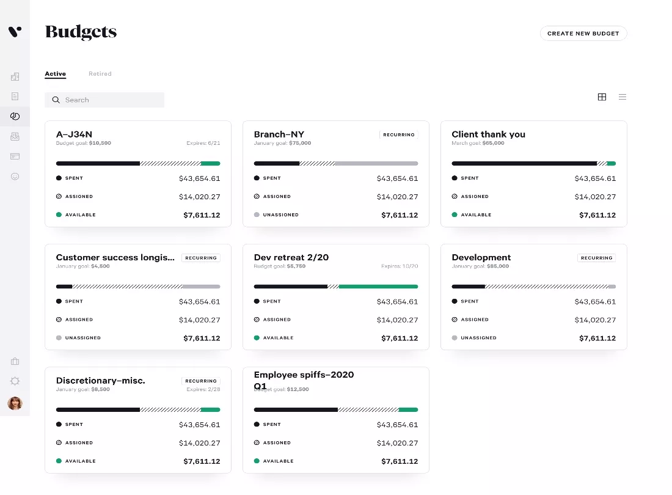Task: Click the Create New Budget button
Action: click(x=583, y=34)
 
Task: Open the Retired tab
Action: click(x=100, y=74)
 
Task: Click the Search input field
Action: click(x=104, y=100)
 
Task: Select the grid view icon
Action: click(x=602, y=97)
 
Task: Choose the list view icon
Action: click(x=623, y=97)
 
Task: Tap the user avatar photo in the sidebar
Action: click(x=15, y=403)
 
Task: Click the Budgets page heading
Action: click(x=81, y=32)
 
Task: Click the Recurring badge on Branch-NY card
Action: click(x=398, y=134)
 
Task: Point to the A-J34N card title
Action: click(x=74, y=134)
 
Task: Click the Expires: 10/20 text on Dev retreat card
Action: click(x=400, y=266)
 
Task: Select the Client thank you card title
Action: click(x=488, y=134)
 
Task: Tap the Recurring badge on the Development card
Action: click(x=597, y=258)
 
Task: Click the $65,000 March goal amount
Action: click(x=493, y=143)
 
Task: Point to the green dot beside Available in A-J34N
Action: click(x=59, y=215)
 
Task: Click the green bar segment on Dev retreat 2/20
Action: click(x=378, y=287)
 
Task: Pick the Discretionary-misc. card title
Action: click(x=101, y=381)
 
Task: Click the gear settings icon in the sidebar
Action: click(x=15, y=381)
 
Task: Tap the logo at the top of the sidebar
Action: click(x=15, y=32)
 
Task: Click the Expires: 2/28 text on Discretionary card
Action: click(x=203, y=389)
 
